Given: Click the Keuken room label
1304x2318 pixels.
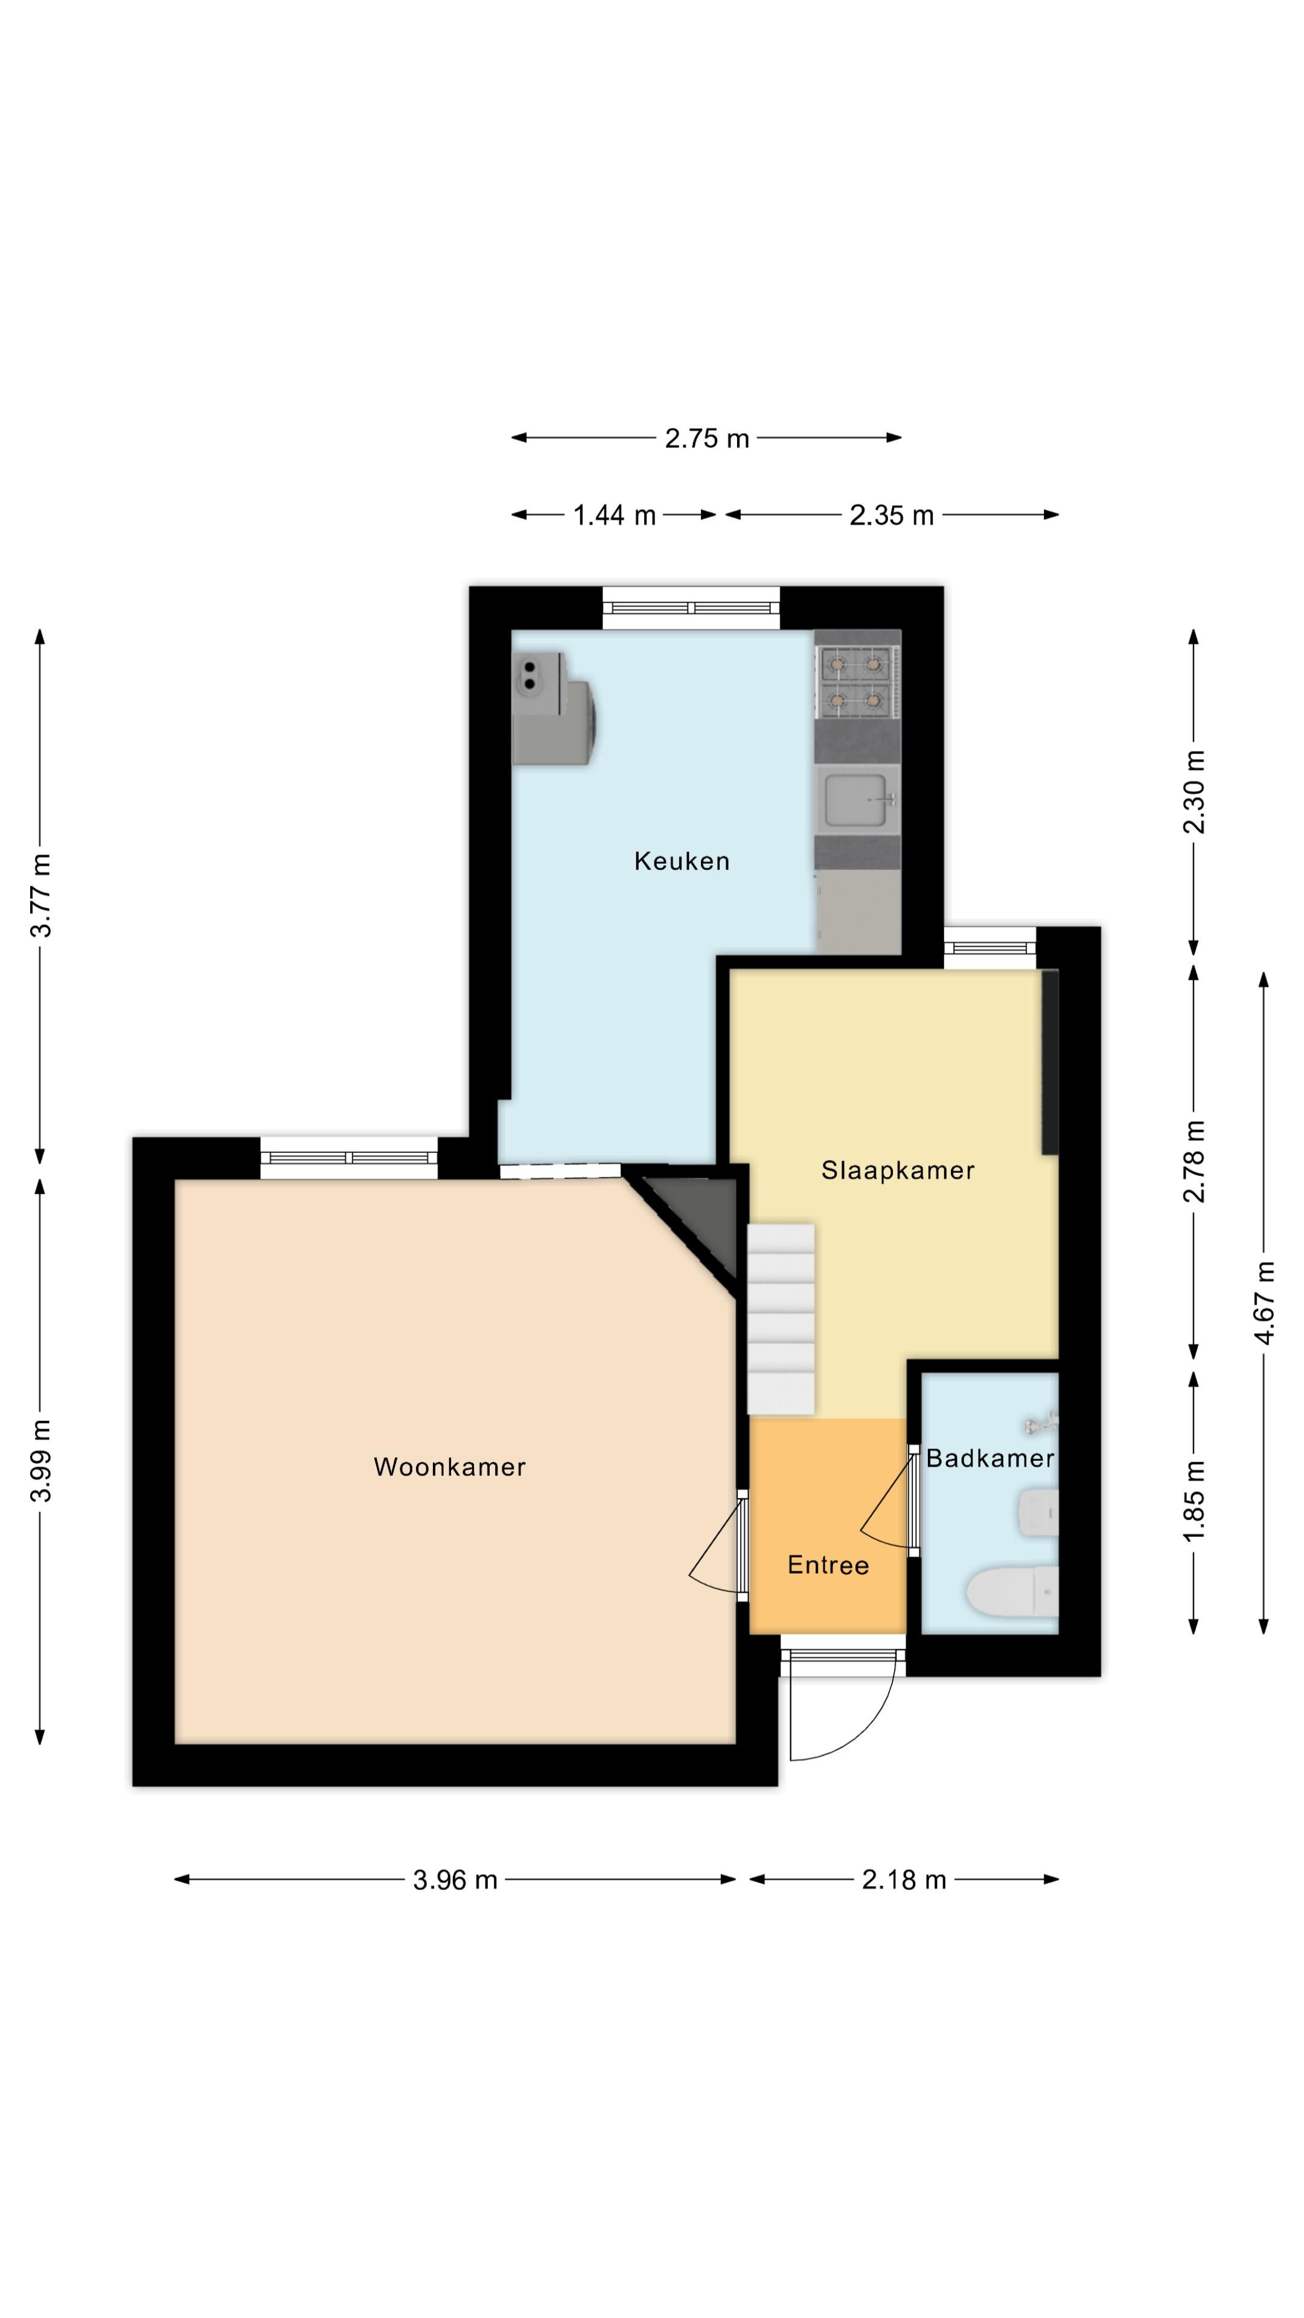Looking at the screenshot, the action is (681, 861).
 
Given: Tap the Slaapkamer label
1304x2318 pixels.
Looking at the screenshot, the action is (897, 1170).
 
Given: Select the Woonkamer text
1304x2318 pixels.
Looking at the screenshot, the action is (449, 1467).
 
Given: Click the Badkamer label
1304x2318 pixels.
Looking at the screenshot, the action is (990, 1458).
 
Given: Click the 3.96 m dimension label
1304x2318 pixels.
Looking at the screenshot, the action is (455, 1880).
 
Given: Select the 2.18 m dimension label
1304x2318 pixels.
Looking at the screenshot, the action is (904, 1880).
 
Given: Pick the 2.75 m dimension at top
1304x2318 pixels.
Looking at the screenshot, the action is (706, 438).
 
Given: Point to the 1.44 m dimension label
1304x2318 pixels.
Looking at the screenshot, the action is (615, 516).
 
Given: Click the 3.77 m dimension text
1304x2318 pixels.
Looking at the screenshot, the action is (40, 895).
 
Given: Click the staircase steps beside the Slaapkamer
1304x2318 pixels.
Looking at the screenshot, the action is (780, 1318).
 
